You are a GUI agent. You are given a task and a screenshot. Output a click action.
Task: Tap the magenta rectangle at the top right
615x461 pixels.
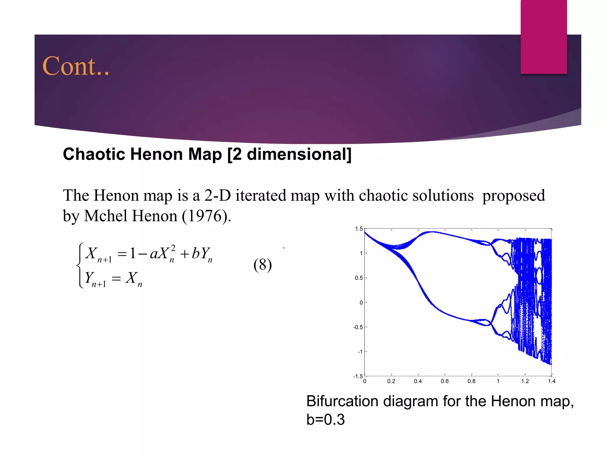(544, 37)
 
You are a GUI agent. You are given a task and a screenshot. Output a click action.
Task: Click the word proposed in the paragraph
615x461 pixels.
(513, 195)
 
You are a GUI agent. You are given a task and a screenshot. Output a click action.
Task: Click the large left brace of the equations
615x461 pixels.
(80, 265)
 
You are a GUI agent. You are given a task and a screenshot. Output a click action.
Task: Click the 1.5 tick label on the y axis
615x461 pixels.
(359, 229)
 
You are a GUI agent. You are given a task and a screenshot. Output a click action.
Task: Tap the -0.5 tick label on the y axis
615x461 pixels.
(358, 327)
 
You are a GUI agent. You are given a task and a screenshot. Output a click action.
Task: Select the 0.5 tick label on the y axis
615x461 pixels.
(359, 278)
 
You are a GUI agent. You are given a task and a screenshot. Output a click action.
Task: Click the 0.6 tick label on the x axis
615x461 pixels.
(444, 381)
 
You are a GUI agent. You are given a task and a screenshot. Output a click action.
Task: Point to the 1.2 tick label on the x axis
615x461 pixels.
(525, 381)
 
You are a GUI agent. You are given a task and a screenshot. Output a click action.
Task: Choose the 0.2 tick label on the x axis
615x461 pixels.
(391, 381)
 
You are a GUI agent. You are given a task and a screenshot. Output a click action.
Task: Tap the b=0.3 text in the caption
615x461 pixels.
(326, 419)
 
